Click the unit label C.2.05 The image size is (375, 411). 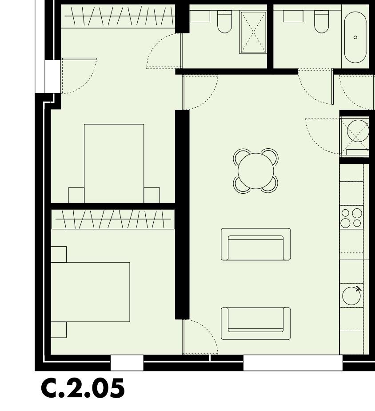pyautogui.click(x=83, y=389)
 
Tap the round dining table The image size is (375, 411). pyautogui.click(x=256, y=171)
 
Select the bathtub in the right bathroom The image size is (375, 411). pyautogui.click(x=355, y=37)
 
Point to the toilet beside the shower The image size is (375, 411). pyautogui.click(x=224, y=22)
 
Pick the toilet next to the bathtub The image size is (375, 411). pyautogui.click(x=322, y=22)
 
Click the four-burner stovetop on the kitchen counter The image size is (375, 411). pyautogui.click(x=351, y=218)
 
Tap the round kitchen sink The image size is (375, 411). pyautogui.click(x=351, y=295)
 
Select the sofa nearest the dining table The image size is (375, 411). pyautogui.click(x=255, y=244)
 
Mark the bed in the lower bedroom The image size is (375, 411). pyautogui.click(x=91, y=292)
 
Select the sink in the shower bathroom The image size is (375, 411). pyautogui.click(x=199, y=16)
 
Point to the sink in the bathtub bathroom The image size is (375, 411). pyautogui.click(x=293, y=16)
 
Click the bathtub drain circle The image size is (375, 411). pyautogui.click(x=355, y=37)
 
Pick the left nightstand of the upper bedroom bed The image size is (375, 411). pyautogui.click(x=76, y=195)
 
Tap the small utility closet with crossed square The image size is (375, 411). pyautogui.click(x=355, y=135)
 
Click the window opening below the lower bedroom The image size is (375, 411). pyautogui.click(x=127, y=363)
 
